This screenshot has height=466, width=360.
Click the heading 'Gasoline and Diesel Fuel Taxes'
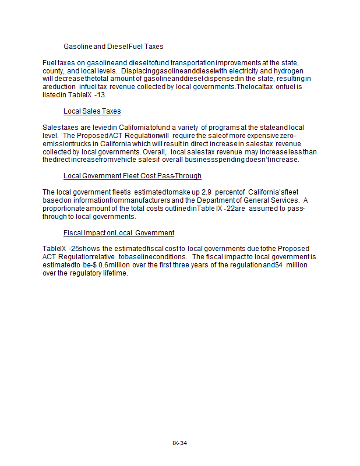point(113,46)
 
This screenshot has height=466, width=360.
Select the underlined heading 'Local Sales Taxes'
point(92,111)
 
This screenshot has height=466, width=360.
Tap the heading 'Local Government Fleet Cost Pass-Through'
point(132,175)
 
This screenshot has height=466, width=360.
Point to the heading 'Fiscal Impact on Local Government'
point(119,232)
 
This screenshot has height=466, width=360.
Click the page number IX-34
point(179,443)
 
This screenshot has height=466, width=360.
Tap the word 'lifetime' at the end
point(114,273)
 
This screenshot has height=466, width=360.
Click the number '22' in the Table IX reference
point(230,208)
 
